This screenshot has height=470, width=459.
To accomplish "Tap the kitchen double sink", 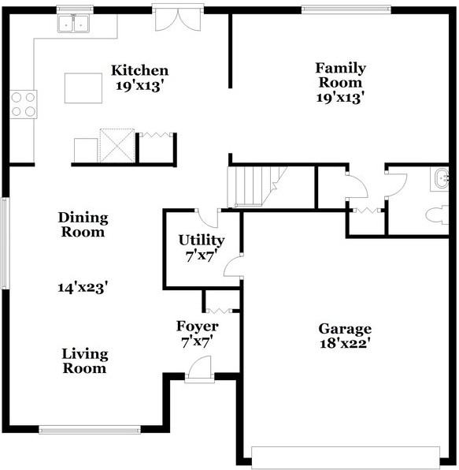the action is pos(73,24).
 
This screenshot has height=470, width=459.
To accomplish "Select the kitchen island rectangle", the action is pos(83,88).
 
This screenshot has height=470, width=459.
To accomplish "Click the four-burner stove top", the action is pos(24,104).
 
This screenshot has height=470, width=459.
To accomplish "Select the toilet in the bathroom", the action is pos(437,214).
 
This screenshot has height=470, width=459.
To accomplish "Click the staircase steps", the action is pos(254,186).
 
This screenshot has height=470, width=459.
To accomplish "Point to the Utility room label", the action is pos(202,240).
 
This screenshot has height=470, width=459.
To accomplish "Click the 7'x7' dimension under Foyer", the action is pos(197,342).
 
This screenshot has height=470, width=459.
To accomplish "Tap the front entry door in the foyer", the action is pos(199,370).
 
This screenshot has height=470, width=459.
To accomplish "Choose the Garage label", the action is pos(345,329).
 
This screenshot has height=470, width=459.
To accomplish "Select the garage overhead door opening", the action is pos(346,457).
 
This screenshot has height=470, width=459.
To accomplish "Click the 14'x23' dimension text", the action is pos(83,288).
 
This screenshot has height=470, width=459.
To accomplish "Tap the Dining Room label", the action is pos(83,225).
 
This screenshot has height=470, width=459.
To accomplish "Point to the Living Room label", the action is pos(85,361).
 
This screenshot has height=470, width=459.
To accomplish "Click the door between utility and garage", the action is pos(234,267).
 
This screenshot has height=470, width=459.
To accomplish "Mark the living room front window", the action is pos(90,430).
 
